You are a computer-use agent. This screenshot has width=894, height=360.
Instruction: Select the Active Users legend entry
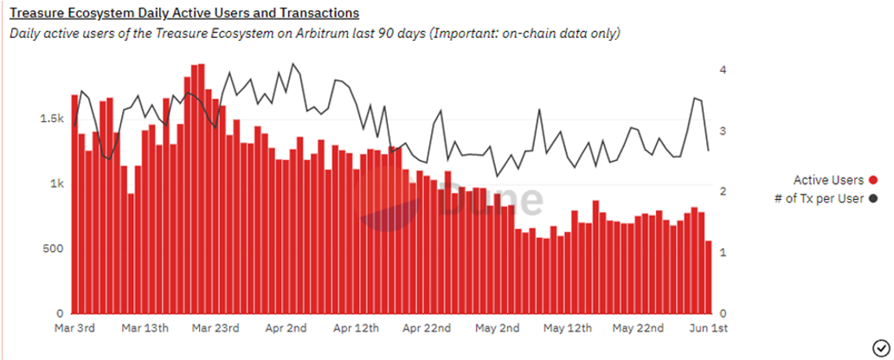[x=828, y=180]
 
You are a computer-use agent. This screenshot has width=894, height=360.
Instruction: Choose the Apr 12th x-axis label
[x=357, y=329]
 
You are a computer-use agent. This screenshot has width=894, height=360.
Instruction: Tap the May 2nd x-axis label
[x=498, y=329]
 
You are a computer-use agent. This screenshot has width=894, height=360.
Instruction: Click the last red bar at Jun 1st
[x=709, y=277]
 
